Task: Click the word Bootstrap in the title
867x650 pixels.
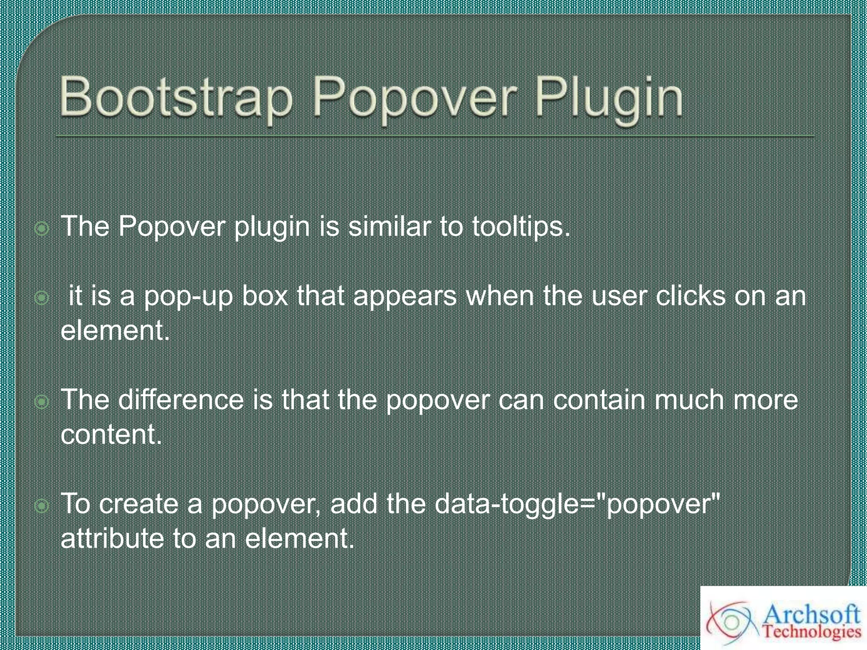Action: pos(176,98)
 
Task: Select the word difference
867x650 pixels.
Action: pos(181,399)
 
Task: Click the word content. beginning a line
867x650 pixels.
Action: pos(111,434)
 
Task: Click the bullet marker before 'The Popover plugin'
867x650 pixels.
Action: pos(42,229)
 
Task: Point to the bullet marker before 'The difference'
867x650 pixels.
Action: pos(42,402)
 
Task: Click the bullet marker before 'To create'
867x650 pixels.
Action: pos(42,506)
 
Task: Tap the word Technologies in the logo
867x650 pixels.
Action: pos(812,633)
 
